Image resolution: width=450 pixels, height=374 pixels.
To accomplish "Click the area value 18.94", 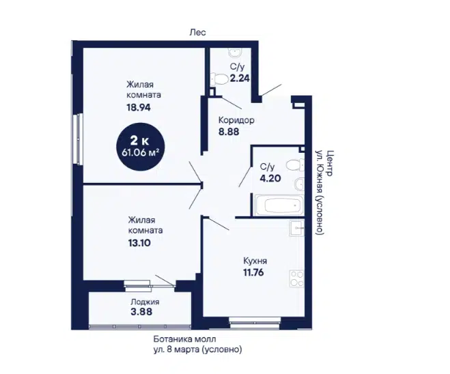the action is [139, 108].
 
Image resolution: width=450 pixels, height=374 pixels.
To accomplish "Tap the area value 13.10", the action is [139, 243].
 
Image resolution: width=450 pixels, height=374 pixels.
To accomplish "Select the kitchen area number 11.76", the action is [253, 272].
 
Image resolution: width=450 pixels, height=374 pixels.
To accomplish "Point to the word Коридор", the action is [236, 120].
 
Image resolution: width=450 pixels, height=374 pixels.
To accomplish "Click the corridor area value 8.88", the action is [229, 132].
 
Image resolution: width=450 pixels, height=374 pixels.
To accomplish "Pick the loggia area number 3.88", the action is [141, 312].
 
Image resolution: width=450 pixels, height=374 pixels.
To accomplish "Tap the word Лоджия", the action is [145, 302].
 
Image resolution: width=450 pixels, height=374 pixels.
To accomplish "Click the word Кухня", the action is [255, 261].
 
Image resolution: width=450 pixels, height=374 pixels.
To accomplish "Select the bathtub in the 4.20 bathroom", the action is [279, 205].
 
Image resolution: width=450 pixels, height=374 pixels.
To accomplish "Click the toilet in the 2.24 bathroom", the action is [217, 78].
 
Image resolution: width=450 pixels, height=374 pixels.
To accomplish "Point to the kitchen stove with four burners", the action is [297, 278].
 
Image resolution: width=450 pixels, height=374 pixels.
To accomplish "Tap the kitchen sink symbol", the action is [297, 229].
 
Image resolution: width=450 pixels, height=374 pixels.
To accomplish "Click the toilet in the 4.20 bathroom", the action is [295, 165].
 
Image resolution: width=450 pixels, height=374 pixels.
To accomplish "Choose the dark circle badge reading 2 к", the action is [141, 147].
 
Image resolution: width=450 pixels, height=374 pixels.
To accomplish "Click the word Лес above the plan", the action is [198, 32].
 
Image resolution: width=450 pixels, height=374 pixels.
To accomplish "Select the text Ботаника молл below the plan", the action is [184, 339].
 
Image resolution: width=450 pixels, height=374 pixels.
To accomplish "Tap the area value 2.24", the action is [240, 78].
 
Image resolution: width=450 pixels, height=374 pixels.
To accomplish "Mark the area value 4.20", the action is [270, 178].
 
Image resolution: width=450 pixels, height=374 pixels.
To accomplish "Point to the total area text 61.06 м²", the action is [141, 153].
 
